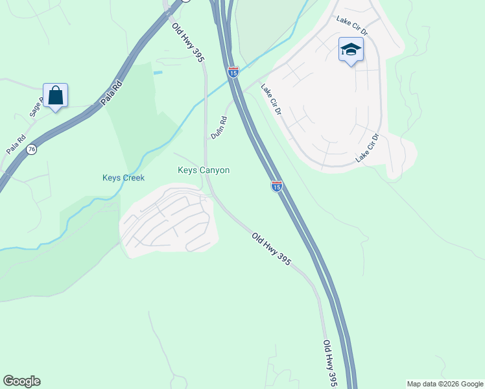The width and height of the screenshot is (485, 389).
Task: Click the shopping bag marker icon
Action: pyautogui.click(x=56, y=96)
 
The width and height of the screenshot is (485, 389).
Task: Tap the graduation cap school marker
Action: pyautogui.click(x=351, y=49)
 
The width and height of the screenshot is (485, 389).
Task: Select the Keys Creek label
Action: pyautogui.click(x=123, y=178)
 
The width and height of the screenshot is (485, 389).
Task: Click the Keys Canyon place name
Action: pyautogui.click(x=204, y=171)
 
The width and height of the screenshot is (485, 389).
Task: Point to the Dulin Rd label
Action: pyautogui.click(x=219, y=127)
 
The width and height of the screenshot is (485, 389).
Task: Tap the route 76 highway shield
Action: pyautogui.click(x=31, y=150)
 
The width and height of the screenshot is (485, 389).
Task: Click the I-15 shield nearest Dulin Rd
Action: pyautogui.click(x=233, y=72)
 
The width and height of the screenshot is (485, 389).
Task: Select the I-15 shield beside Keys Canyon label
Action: pyautogui.click(x=276, y=187)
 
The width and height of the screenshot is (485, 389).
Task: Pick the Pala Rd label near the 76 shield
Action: pyautogui.click(x=16, y=143)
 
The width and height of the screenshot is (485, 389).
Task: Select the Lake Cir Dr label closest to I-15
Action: pyautogui.click(x=271, y=99)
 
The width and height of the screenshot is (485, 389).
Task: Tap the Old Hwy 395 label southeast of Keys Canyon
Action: pyautogui.click(x=271, y=250)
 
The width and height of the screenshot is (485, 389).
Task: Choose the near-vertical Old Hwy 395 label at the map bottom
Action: pyautogui.click(x=330, y=363)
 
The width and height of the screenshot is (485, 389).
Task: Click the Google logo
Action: pyautogui.click(x=21, y=381)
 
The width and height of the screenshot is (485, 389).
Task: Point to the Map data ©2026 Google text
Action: pyautogui.click(x=445, y=384)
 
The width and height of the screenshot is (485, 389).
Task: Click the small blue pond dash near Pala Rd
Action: pyautogui.click(x=158, y=73)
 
